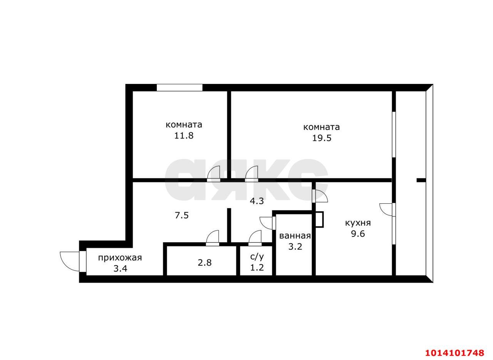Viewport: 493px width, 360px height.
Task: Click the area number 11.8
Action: pos(184,136)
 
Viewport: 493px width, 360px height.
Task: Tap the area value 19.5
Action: pos(322,138)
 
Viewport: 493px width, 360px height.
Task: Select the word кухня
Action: pos(358,223)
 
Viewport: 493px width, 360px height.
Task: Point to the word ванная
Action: pos(295,236)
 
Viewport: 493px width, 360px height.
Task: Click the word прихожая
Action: pos(120,258)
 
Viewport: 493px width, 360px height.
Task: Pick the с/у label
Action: pos(257,256)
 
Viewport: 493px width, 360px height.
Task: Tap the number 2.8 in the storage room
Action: pos(205,263)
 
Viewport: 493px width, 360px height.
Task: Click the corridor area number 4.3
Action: pos(257,201)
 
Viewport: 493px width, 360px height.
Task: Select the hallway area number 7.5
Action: pos(182,215)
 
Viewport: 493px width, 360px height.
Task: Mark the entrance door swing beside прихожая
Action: pos(73,262)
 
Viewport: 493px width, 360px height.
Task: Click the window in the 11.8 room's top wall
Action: pos(179,87)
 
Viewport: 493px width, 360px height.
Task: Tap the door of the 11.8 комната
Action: pos(214,174)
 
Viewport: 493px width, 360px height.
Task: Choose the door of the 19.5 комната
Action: pos(252,174)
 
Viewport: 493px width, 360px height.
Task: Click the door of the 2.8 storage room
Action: pos(212,238)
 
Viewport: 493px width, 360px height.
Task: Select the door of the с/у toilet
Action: pos(255,238)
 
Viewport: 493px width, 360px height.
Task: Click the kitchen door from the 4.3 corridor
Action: pos(320,196)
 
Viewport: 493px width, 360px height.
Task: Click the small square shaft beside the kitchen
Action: pos(319,219)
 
